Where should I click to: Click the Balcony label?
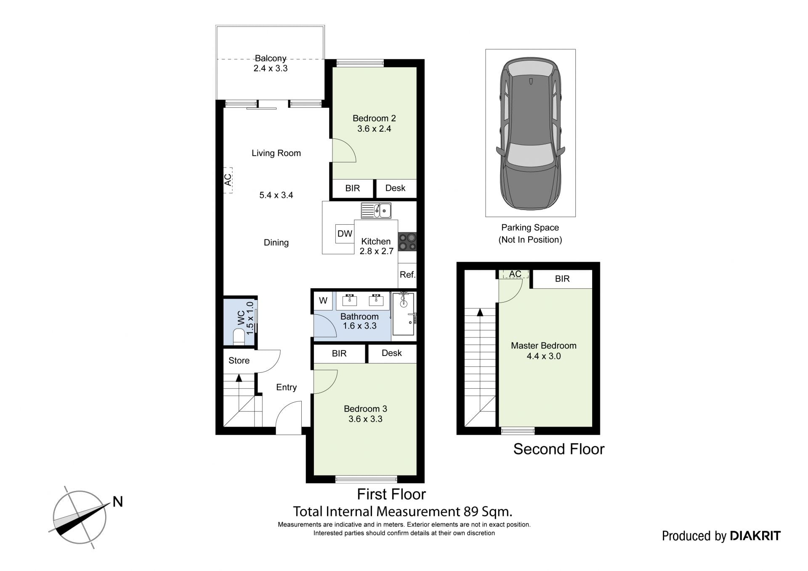tap(271, 58)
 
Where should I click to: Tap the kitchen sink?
tap(376, 210)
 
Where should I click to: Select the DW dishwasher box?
tap(345, 234)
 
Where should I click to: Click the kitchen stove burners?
tap(407, 242)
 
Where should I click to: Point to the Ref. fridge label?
tap(407, 275)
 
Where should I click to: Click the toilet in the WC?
tap(239, 337)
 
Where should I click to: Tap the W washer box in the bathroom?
tap(323, 300)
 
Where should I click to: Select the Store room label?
tap(239, 361)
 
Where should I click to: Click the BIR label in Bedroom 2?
tap(353, 188)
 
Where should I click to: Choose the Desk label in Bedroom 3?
tap(392, 353)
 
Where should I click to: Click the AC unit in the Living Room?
tap(228, 180)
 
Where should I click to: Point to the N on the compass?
tap(118, 502)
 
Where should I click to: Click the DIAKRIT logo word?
tap(755, 536)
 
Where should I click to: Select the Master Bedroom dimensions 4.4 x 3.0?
tap(544, 356)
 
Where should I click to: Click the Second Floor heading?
tap(559, 449)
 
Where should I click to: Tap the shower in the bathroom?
tap(404, 314)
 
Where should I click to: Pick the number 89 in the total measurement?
tap(471, 512)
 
